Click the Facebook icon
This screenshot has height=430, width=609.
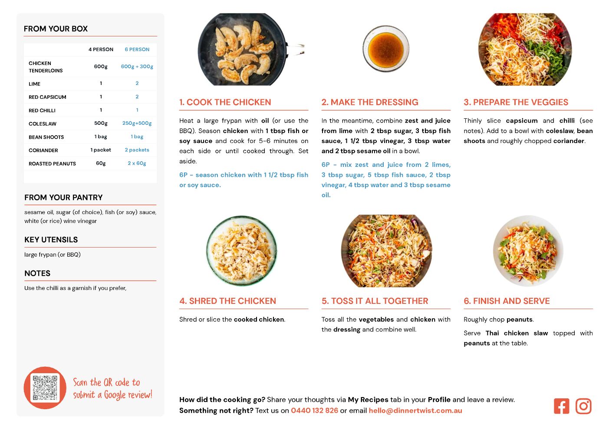pyautogui.click(x=561, y=406)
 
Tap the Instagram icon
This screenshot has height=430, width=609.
pyautogui.click(x=583, y=406)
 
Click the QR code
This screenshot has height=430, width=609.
pyautogui.click(x=45, y=388)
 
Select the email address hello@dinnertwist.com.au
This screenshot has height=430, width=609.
pyautogui.click(x=415, y=410)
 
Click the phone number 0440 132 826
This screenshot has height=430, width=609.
pyautogui.click(x=314, y=410)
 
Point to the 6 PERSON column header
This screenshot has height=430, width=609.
pyautogui.click(x=137, y=49)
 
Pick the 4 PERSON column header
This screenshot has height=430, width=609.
pyautogui.click(x=101, y=49)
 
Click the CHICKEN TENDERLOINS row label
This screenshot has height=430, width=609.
pyautogui.click(x=46, y=67)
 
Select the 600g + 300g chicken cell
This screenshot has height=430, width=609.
pyautogui.click(x=137, y=66)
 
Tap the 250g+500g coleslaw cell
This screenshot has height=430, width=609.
pyautogui.click(x=137, y=123)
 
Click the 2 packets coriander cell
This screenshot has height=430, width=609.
pyautogui.click(x=137, y=150)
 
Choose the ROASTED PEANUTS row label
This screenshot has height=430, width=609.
pyautogui.click(x=52, y=164)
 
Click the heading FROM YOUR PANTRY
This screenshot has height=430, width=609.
pyautogui.click(x=63, y=197)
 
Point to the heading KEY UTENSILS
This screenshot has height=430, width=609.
pyautogui.click(x=51, y=239)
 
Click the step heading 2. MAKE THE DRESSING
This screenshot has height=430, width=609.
pyautogui.click(x=370, y=102)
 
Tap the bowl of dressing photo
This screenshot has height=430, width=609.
pyautogui.click(x=386, y=49)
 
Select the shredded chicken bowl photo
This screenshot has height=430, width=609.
pyautogui.click(x=242, y=250)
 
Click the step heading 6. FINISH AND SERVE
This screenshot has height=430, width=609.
pyautogui.click(x=507, y=301)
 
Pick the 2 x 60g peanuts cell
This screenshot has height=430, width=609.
pyautogui.click(x=137, y=163)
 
